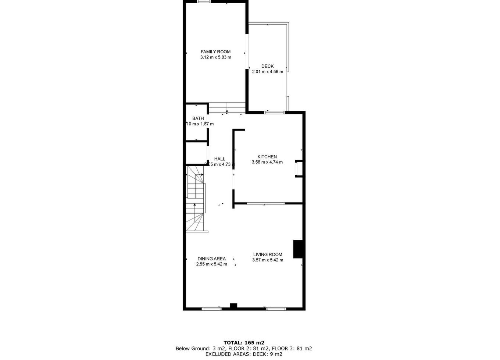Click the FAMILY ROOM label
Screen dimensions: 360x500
[x=215, y=52]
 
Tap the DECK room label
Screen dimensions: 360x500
[x=267, y=67]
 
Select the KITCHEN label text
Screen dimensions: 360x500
[x=267, y=157]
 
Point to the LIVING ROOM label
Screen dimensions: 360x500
[x=268, y=254]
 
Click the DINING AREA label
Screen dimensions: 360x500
[x=211, y=259]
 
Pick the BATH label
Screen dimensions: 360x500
[x=198, y=118]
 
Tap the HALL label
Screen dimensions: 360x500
[x=219, y=159]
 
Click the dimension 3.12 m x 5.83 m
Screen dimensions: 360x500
[x=215, y=57]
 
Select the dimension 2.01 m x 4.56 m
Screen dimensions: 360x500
[x=267, y=72]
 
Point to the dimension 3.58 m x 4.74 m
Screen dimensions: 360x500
[x=267, y=162]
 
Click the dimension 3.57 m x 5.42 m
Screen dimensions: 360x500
[x=268, y=260]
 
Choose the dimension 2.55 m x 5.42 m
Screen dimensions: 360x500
[x=211, y=264]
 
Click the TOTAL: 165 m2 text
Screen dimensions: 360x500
[x=244, y=343]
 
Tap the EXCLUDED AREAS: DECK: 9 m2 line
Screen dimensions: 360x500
[x=244, y=354]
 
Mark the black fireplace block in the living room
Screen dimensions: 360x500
[x=297, y=249]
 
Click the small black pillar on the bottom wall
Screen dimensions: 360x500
[x=233, y=306]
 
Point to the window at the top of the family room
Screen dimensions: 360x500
[x=204, y=1]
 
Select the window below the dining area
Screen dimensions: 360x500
[x=211, y=309]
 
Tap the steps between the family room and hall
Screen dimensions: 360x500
[x=227, y=108]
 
